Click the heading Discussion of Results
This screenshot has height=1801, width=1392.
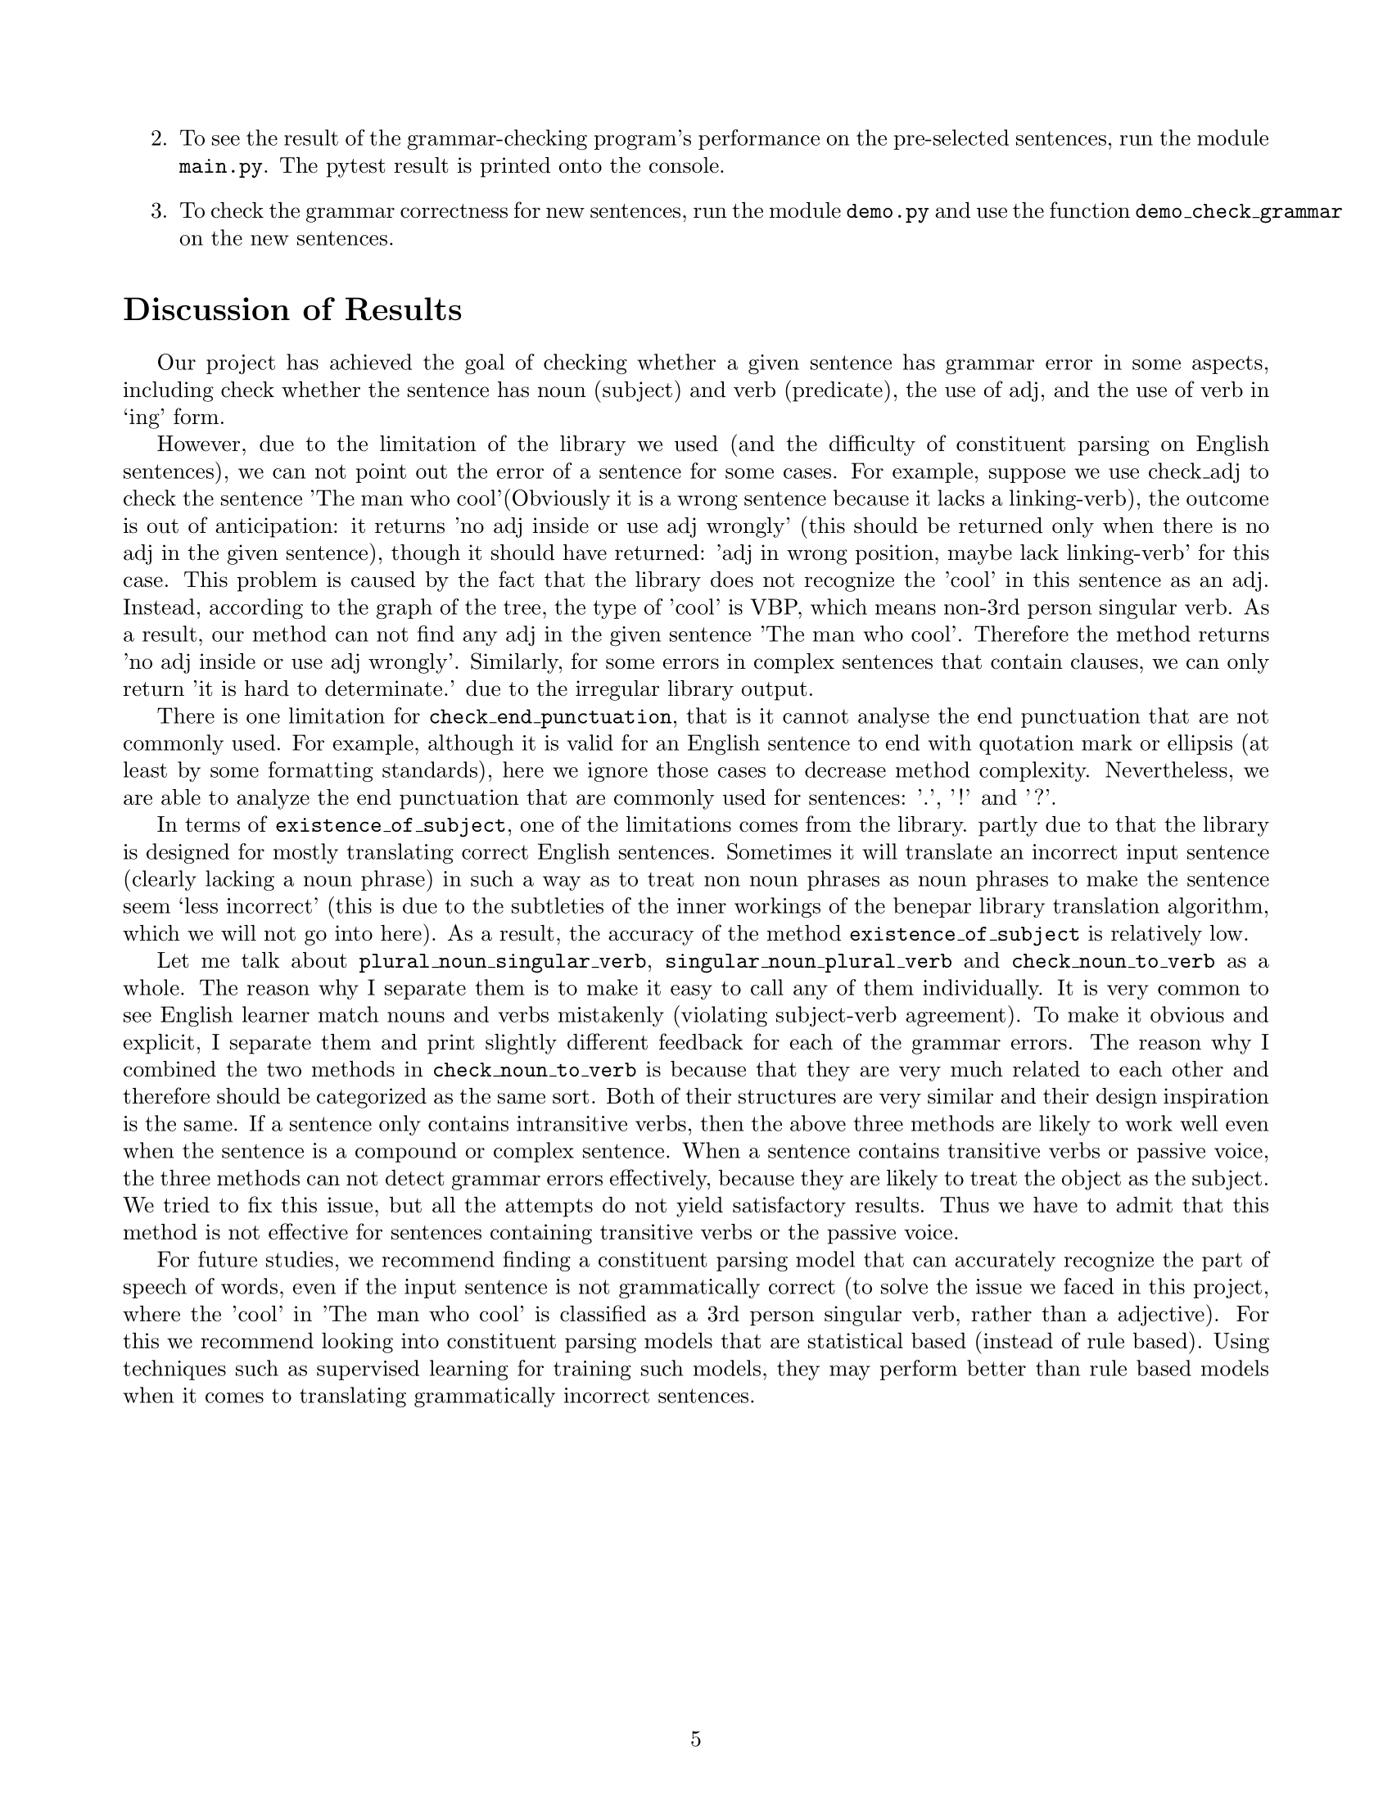click(292, 310)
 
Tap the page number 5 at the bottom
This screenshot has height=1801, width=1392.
click(695, 1739)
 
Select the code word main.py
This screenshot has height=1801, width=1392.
click(221, 166)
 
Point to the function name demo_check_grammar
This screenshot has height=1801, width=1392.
click(1238, 211)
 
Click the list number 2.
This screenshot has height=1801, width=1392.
click(159, 138)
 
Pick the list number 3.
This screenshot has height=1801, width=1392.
click(159, 211)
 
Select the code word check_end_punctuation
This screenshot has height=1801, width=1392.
click(550, 716)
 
